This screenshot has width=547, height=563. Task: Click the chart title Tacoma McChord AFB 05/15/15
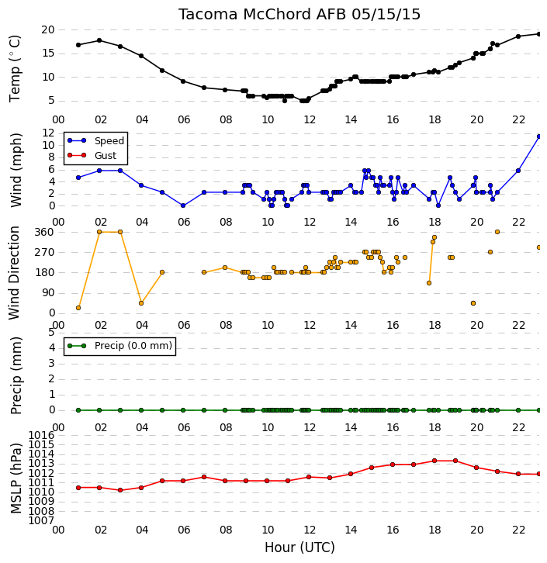[x=299, y=15]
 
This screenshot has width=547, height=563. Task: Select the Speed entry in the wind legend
[x=95, y=141]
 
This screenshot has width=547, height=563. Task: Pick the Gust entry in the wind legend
[x=92, y=155]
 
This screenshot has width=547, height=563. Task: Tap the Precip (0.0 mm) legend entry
[x=119, y=346]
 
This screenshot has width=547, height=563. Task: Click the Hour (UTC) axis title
[x=299, y=547]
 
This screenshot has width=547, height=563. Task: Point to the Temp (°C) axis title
[x=15, y=68]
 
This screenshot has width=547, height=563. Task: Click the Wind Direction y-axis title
[x=14, y=273]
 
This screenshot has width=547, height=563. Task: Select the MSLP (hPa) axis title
[x=16, y=478]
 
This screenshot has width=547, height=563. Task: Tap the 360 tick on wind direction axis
[x=44, y=233]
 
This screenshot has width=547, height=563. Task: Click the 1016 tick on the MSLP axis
[x=41, y=436]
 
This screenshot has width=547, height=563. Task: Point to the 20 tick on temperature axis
[x=48, y=29]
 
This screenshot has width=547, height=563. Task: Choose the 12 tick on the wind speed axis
[x=48, y=133]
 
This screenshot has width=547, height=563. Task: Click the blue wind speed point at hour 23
[x=538, y=136]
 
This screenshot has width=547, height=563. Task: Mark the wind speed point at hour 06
[x=183, y=206]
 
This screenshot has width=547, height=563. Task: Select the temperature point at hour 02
[x=99, y=40]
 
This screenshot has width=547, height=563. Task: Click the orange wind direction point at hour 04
[x=141, y=303]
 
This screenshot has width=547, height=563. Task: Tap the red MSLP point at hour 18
[x=434, y=461]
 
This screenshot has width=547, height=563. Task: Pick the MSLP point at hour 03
[x=120, y=490]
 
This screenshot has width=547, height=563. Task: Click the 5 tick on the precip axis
[x=51, y=332]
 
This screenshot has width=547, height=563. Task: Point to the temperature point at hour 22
[x=518, y=36]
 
